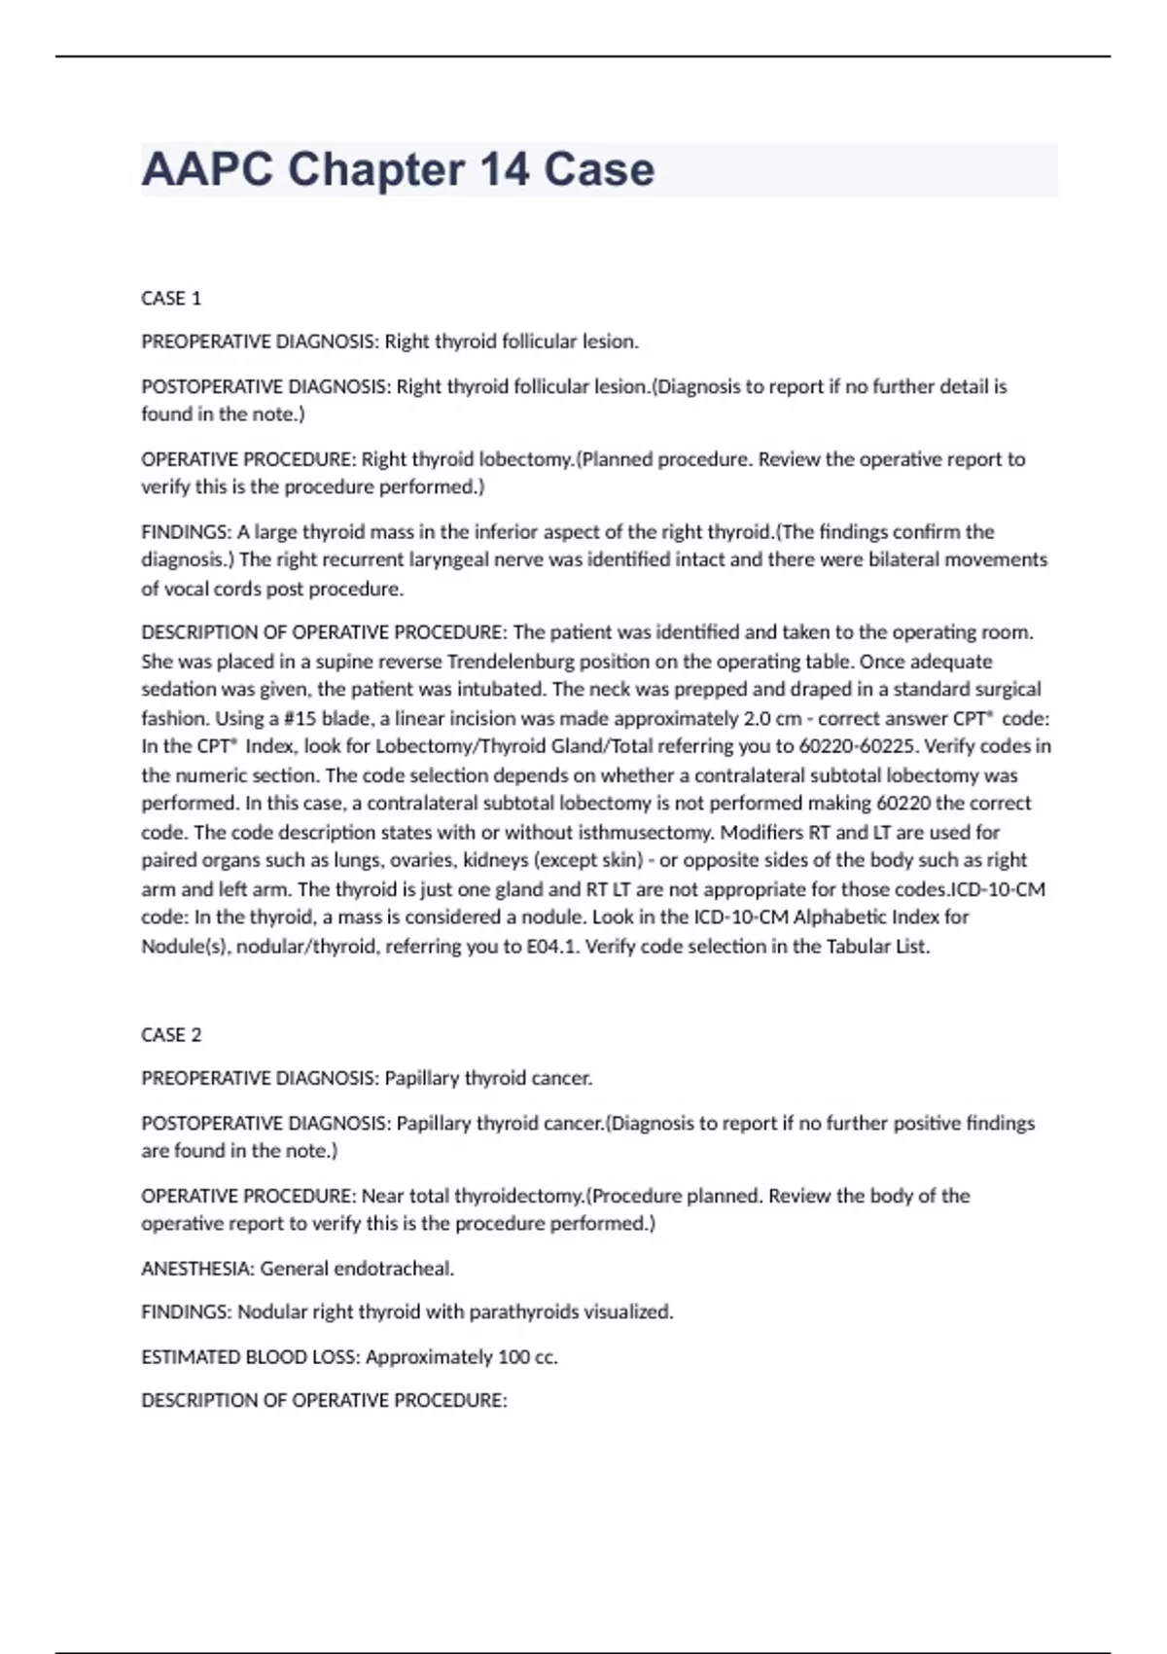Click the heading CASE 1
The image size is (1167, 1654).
tap(171, 299)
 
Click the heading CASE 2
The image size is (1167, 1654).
tap(171, 1035)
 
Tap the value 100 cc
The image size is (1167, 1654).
tap(526, 1357)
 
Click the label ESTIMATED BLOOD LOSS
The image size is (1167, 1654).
tap(250, 1357)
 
